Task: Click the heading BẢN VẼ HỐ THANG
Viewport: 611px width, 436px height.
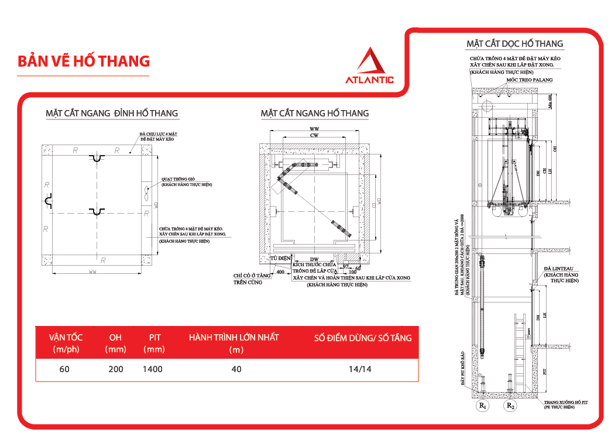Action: click(x=84, y=61)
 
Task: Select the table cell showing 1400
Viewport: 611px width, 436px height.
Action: click(x=153, y=369)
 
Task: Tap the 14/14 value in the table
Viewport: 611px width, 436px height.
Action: click(x=359, y=369)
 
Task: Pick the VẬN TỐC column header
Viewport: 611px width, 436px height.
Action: click(x=66, y=338)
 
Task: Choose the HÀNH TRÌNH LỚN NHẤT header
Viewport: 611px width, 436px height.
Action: click(x=234, y=338)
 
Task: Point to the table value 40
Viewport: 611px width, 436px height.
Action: click(x=236, y=369)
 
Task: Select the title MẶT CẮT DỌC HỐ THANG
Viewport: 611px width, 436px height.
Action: click(x=514, y=44)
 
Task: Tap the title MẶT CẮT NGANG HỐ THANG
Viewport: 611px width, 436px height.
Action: click(x=315, y=113)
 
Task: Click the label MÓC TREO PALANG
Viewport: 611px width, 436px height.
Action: click(x=528, y=80)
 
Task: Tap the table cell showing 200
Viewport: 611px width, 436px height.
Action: click(x=116, y=369)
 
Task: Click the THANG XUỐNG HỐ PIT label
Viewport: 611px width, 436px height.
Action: click(x=567, y=402)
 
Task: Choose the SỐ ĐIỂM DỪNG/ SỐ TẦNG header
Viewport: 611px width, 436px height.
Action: click(x=363, y=338)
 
